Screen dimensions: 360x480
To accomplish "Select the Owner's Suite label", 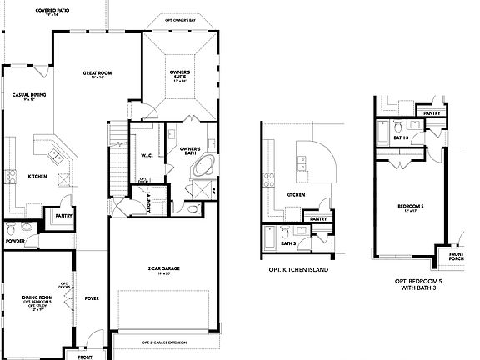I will [181, 76].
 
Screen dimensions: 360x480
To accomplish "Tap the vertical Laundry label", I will [148, 202].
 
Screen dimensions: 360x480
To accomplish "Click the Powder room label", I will [14, 241].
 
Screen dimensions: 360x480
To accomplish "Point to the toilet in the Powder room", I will [11, 227].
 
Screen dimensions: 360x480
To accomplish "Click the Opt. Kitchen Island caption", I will [297, 270].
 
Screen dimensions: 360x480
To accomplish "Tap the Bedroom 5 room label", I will [411, 205].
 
